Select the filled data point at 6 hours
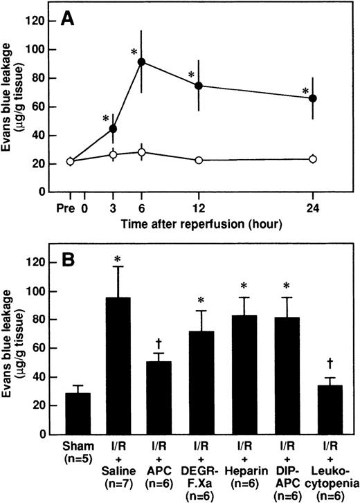pyautogui.click(x=141, y=62)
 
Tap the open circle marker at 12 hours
pyautogui.click(x=199, y=160)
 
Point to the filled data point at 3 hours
pyautogui.click(x=114, y=129)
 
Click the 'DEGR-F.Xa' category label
pyautogui.click(x=206, y=470)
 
